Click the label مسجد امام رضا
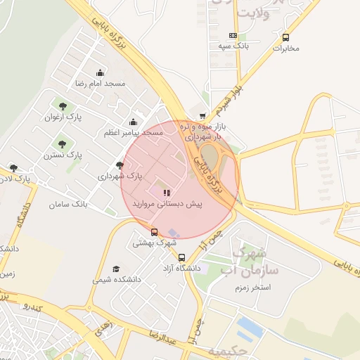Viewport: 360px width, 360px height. pos(100,84)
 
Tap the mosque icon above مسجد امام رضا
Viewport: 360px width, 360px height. pos(100,72)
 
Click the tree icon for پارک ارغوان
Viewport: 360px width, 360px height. pos(53,105)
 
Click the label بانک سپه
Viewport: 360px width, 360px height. pos(233,46)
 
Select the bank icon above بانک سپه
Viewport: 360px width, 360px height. pos(233,35)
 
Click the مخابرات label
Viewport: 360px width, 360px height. pos(285,49)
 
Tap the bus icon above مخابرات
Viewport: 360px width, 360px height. pos(285,37)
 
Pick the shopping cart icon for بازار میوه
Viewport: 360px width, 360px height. pos(203,116)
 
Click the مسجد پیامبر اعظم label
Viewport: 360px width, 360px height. pos(133,132)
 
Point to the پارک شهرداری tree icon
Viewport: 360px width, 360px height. pos(120,166)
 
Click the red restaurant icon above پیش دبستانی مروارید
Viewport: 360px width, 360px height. pos(166,192)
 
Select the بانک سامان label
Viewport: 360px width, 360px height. pos(68,204)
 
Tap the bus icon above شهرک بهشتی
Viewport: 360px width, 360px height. pos(155,232)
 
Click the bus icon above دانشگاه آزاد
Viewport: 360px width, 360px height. pos(182,257)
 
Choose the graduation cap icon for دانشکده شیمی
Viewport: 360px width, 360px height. pos(116,269)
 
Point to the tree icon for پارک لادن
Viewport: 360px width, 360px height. pos(13,168)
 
